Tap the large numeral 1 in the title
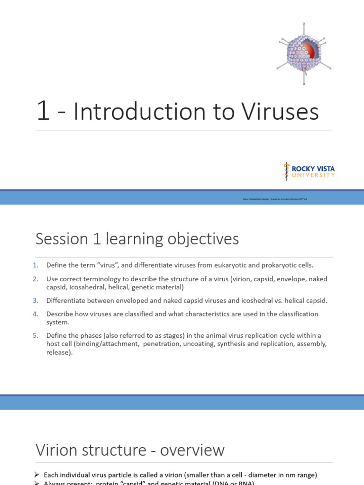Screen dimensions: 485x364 coord(43,112)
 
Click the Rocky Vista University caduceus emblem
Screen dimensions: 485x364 coord(286,171)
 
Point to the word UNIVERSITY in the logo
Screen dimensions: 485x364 coord(313,175)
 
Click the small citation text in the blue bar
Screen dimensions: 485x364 coord(275,199)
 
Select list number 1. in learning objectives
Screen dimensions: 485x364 coord(36,265)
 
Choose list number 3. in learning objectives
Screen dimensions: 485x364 coord(36,301)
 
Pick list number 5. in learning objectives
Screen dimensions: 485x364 coord(36,336)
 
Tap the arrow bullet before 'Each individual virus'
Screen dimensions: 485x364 coord(37,475)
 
